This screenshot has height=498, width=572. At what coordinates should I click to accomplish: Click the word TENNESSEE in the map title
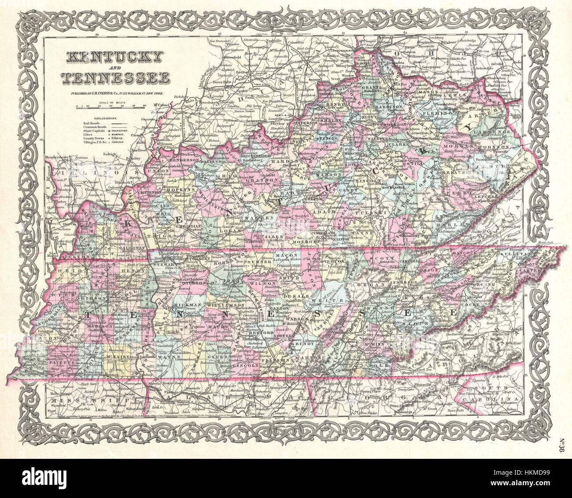point(117,77)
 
